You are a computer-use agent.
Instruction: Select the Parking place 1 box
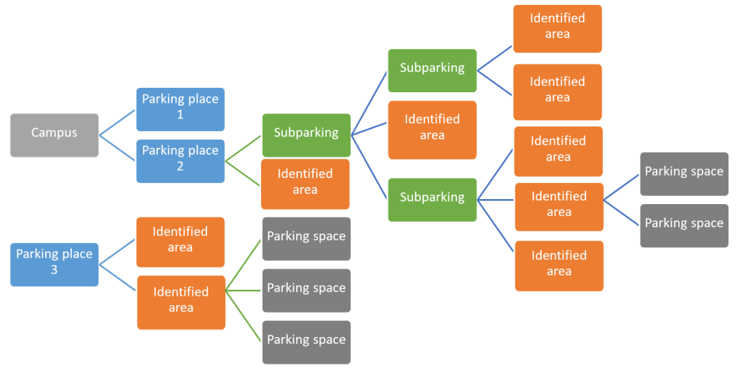pos(180,109)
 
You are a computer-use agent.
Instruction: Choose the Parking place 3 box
pos(54,264)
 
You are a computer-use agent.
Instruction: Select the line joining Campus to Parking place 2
pos(117,148)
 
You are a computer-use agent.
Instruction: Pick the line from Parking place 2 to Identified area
pos(243,174)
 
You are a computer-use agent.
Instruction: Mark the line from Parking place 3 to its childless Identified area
pos(117,252)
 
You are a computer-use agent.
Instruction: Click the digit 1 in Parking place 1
pos(180,115)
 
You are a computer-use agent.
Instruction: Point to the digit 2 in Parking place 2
pos(180,167)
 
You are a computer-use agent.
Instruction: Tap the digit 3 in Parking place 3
pos(54,270)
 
